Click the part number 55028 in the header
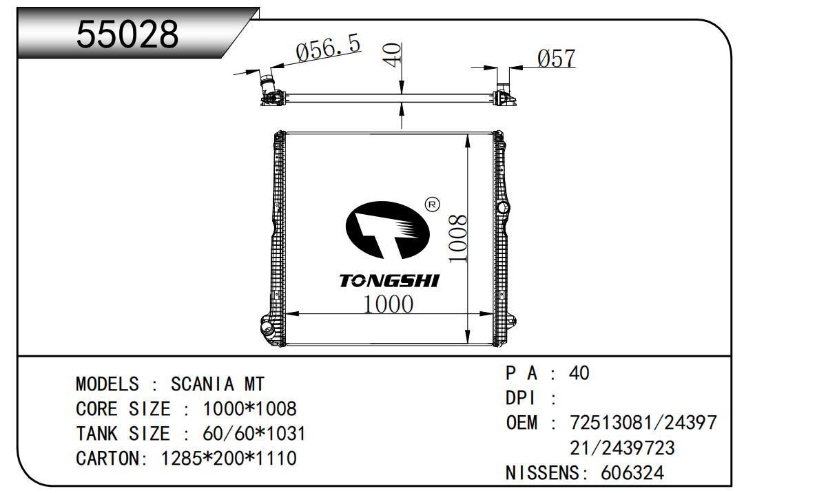point(127,34)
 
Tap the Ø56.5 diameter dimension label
point(329,48)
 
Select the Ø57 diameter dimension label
point(557,59)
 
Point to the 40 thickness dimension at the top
point(393,55)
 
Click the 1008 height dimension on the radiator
point(457,239)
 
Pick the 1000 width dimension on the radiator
point(389,304)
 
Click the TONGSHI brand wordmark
point(389,281)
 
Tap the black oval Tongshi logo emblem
point(387,230)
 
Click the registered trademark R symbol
point(433,204)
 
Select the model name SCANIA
point(203,384)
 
